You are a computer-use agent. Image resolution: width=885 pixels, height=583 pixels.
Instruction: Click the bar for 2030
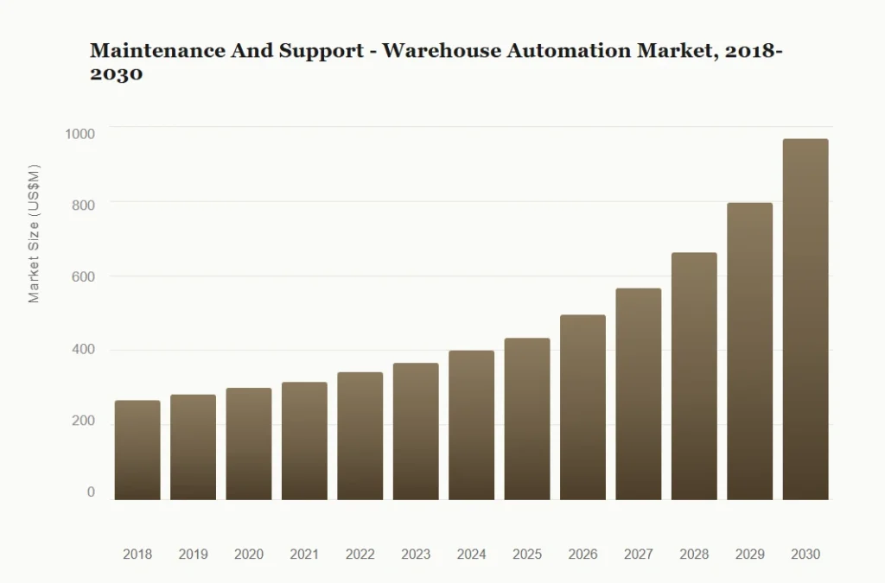(x=805, y=320)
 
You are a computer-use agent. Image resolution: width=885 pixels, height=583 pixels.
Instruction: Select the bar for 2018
(x=137, y=450)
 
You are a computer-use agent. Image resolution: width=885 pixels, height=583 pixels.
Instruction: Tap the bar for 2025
(x=527, y=419)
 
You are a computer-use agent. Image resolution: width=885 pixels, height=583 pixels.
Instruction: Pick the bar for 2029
(x=749, y=352)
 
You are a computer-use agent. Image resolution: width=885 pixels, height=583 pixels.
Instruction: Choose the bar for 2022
(x=360, y=436)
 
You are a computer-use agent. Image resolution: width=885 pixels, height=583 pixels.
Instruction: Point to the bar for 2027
(x=639, y=394)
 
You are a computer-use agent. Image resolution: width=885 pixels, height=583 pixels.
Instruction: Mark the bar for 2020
(x=249, y=444)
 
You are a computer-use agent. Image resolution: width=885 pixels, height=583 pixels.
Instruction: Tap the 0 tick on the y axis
(x=91, y=492)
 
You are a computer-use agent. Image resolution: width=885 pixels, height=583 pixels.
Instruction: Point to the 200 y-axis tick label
(x=83, y=421)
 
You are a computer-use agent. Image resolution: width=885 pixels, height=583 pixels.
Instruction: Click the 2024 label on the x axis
(x=471, y=554)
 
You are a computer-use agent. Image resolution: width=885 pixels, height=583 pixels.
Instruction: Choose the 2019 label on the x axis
(x=193, y=554)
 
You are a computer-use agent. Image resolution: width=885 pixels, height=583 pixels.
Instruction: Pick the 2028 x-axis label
(x=694, y=554)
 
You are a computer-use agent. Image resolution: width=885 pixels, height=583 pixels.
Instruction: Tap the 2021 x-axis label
(x=304, y=554)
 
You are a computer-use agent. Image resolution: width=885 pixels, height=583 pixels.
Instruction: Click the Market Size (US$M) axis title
(x=35, y=233)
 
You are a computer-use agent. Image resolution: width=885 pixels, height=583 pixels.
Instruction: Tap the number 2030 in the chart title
(x=116, y=75)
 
